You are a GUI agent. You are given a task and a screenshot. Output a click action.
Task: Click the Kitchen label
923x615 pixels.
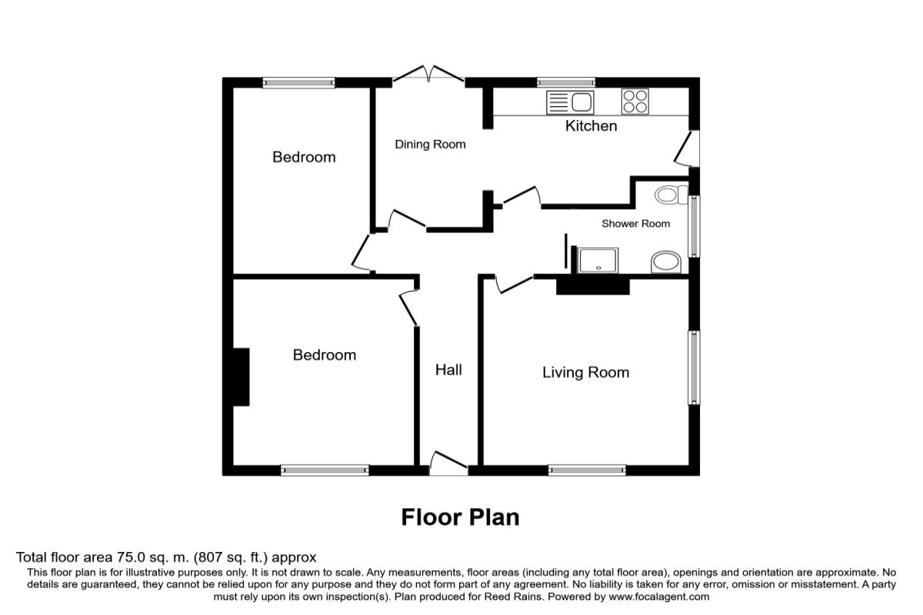(591, 126)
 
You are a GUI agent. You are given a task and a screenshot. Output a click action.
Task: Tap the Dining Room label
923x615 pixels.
(430, 145)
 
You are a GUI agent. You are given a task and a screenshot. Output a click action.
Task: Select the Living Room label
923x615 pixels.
(585, 372)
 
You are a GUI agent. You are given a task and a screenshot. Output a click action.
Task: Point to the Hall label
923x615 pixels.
(448, 370)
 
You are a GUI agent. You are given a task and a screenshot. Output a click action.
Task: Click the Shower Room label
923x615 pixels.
(636, 224)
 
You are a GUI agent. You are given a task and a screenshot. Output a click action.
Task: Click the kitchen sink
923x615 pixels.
(570, 102)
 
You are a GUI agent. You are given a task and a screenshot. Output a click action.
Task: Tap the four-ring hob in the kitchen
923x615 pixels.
(635, 101)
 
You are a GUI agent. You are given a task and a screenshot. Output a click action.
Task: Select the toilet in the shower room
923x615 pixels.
(671, 194)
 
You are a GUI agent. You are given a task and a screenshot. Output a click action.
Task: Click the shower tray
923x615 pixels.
(598, 261)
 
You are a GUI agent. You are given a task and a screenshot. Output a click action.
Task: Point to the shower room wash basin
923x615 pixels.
(666, 262)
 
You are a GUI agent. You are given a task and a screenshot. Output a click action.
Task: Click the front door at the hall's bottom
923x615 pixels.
(448, 464)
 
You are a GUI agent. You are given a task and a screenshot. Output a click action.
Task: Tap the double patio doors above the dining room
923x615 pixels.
(428, 73)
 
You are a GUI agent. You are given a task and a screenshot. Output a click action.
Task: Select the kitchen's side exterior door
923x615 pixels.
(687, 148)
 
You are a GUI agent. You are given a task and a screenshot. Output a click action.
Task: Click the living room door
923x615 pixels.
(514, 284)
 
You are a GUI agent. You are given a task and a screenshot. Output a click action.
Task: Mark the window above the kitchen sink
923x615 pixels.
(566, 82)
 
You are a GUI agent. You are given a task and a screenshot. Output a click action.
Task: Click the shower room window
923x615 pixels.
(695, 226)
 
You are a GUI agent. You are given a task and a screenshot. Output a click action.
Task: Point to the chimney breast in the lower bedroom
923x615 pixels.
(241, 377)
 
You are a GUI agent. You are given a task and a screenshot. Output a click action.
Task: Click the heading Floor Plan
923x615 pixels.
(460, 517)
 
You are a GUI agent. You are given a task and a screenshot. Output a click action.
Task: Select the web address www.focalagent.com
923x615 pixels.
(659, 597)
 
